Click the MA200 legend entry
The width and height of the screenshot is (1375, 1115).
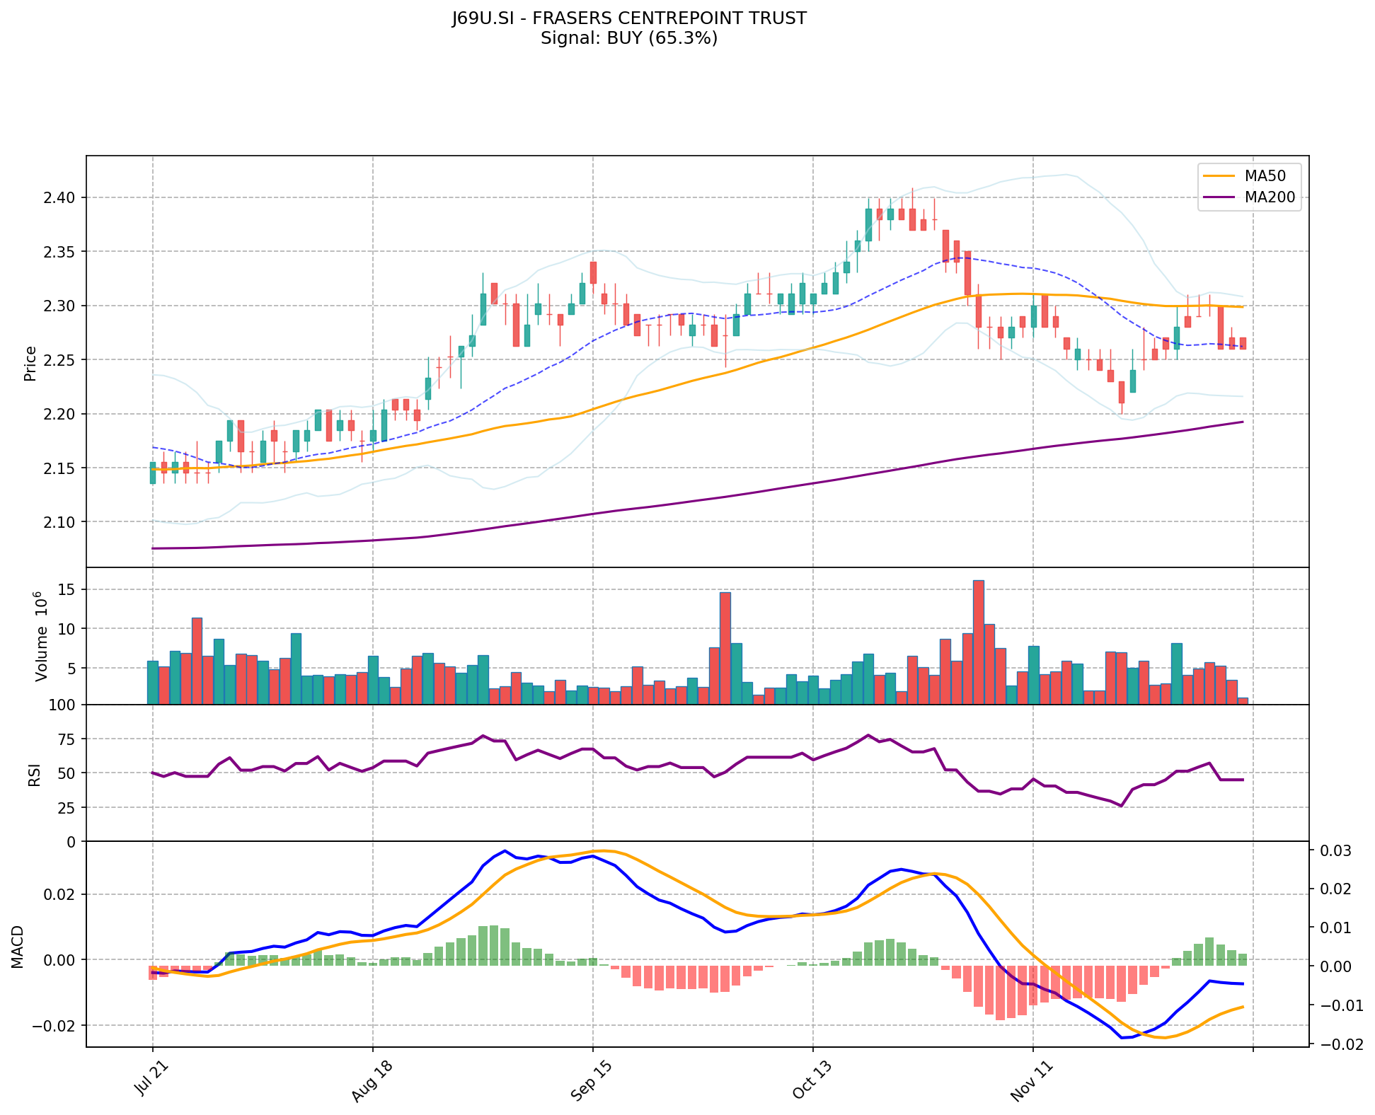[1270, 197]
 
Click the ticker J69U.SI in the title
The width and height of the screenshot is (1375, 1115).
[483, 18]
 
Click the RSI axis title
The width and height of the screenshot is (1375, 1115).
[33, 773]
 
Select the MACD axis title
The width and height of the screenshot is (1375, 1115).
[18, 947]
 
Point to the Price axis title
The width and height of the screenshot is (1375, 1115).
[30, 364]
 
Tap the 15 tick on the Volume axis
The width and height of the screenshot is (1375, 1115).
[67, 589]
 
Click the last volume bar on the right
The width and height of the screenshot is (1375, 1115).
[1243, 700]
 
